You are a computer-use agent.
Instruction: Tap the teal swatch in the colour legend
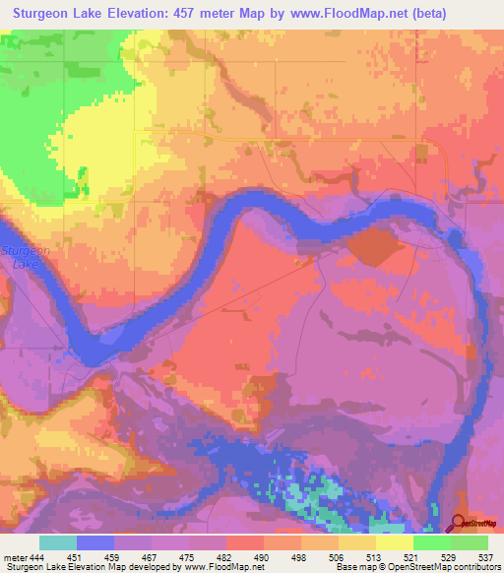58,542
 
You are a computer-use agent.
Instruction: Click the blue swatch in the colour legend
95,542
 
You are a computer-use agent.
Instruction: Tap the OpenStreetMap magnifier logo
460,523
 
